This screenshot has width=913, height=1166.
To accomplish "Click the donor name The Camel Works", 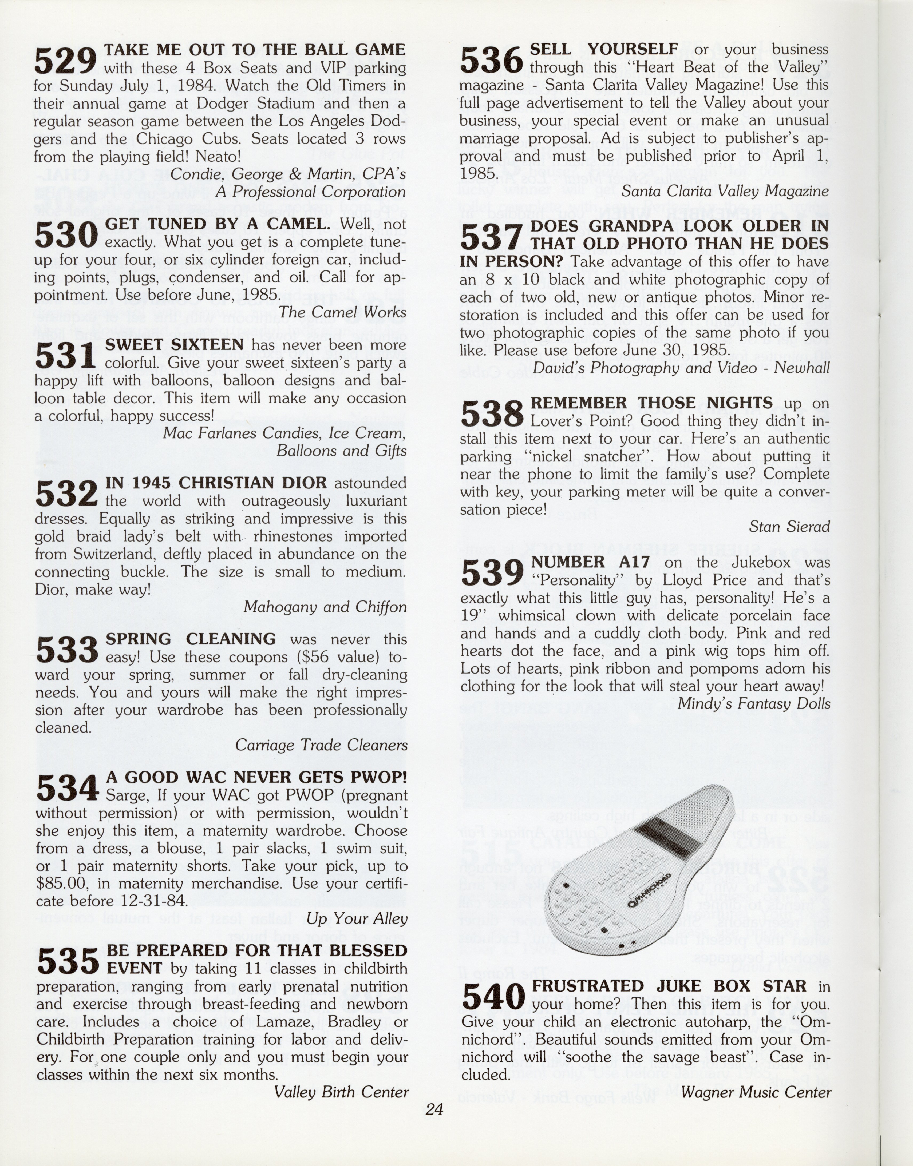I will (x=342, y=312).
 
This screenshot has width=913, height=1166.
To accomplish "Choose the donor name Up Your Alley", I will (x=357, y=919).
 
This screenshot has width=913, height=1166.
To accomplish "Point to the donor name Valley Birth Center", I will (x=341, y=1092).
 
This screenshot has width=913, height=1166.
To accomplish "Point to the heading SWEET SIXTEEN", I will (x=174, y=345).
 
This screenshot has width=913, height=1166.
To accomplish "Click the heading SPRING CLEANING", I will (x=191, y=639).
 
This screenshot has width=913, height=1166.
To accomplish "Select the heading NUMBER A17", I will (x=590, y=562).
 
